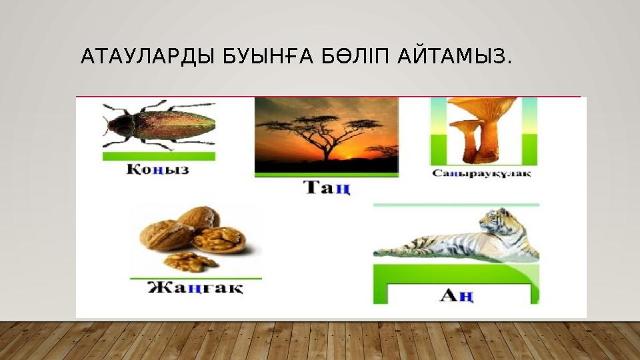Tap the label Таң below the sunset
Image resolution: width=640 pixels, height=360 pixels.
tap(327, 188)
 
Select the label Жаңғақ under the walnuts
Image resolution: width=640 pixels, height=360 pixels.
tap(195, 289)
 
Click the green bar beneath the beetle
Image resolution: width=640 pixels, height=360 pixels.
tap(159, 156)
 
